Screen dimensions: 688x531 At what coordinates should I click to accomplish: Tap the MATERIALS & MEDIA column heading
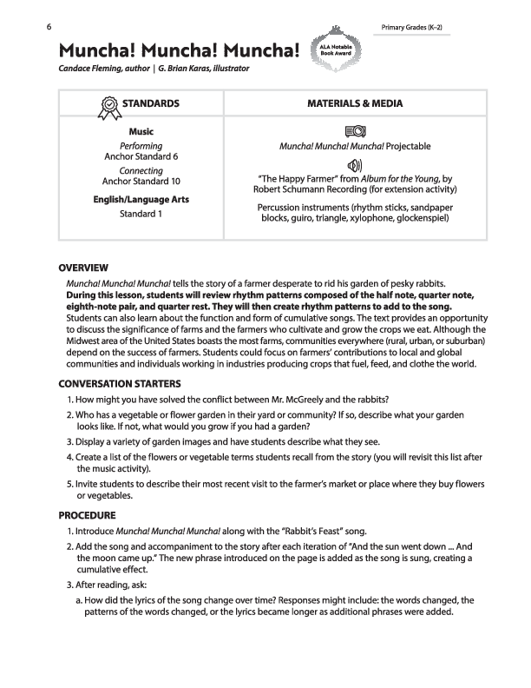click(x=355, y=103)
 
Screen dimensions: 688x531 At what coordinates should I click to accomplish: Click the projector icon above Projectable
click(x=355, y=132)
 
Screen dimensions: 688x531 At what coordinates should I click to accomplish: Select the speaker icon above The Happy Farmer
click(x=355, y=165)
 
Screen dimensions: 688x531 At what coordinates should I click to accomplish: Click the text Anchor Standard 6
click(x=141, y=157)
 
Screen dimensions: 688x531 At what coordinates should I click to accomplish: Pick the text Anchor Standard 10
click(x=141, y=182)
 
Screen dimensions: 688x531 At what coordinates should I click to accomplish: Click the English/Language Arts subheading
click(x=141, y=200)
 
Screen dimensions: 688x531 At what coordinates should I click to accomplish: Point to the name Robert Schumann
click(x=295, y=189)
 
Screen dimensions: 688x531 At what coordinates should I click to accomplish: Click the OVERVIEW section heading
click(x=83, y=268)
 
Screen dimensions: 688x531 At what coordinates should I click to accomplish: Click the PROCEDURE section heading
click(x=88, y=514)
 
